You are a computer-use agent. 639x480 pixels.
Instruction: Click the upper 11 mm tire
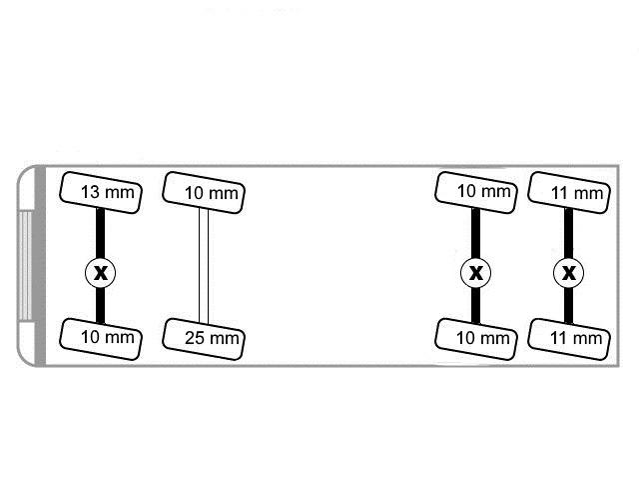click(568, 191)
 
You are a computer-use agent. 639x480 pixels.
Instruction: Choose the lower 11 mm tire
click(568, 336)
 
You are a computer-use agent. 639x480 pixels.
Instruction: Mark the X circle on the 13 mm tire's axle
click(100, 272)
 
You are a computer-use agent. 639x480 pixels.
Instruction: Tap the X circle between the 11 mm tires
click(568, 272)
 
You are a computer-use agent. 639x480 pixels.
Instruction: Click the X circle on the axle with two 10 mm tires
click(476, 272)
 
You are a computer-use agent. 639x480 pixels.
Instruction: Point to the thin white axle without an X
click(203, 265)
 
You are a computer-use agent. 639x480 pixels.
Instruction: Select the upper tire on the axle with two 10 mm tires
click(476, 191)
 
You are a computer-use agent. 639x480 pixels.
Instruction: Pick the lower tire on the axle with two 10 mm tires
click(476, 336)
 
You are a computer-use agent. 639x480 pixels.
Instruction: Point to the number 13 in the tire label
click(88, 191)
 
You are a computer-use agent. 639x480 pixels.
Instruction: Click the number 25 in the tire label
click(195, 337)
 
